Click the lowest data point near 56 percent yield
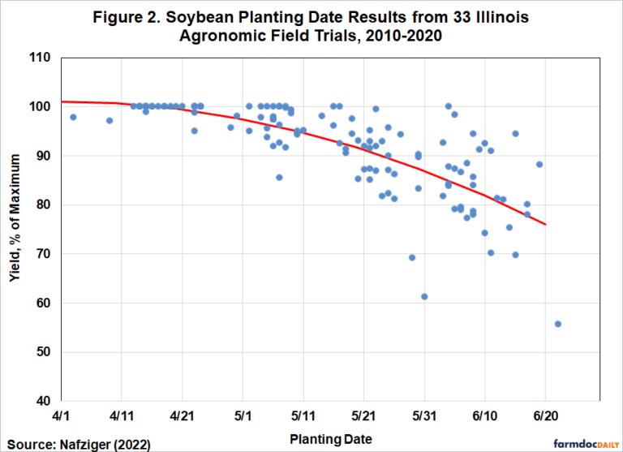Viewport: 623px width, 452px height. (x=558, y=324)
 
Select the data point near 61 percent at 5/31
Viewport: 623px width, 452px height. (x=424, y=296)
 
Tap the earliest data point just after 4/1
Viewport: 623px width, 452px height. (x=73, y=118)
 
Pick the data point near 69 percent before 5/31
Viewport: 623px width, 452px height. (x=412, y=257)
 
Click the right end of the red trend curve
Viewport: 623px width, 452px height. (x=545, y=224)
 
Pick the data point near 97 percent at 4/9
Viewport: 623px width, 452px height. (x=110, y=120)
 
